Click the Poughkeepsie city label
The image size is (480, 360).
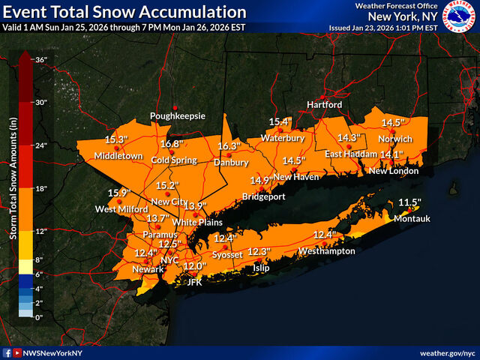177,116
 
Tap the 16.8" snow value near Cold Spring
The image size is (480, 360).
171,144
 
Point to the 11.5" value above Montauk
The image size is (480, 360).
409,202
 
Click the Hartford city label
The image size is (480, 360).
324,104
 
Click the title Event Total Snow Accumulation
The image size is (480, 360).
124,13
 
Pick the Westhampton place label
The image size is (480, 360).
327,250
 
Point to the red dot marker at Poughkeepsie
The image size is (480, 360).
176,107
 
